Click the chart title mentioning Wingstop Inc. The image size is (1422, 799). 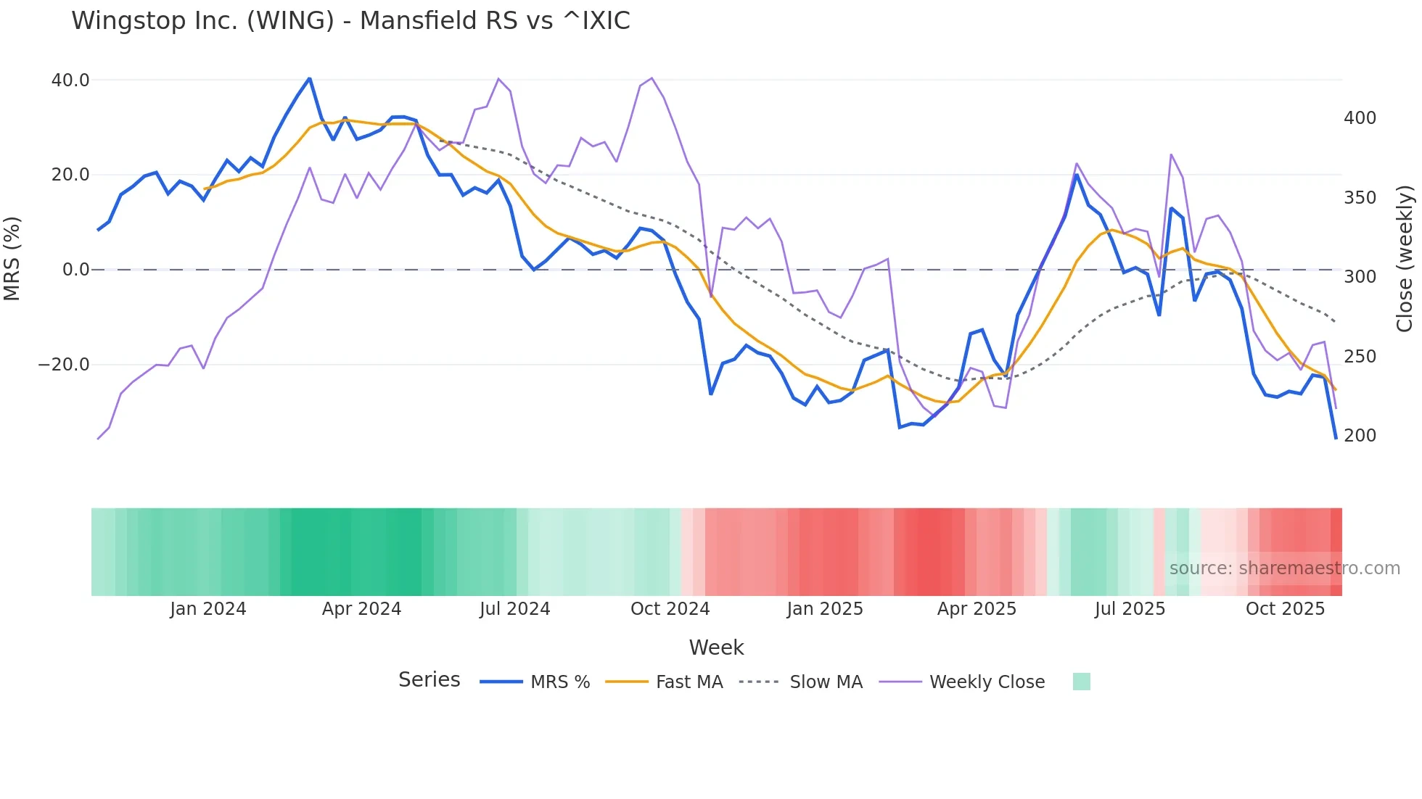350,20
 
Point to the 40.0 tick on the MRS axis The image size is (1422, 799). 70,80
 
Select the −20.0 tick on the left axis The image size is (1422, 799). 64,364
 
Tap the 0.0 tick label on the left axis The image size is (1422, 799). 75,269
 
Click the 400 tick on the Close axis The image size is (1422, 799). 1360,117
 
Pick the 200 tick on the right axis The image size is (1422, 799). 1360,435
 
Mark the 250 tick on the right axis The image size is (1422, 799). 1360,356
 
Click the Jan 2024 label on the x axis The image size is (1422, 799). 208,608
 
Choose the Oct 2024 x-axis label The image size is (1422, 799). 670,608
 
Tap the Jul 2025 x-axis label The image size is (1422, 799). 1130,608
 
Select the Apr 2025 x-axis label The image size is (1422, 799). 977,608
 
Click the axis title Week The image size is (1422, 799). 716,647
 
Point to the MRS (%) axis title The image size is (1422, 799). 12,259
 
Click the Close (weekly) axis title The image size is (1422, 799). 1405,259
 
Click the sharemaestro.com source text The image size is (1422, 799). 1284,568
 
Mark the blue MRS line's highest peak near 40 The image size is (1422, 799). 310,78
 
